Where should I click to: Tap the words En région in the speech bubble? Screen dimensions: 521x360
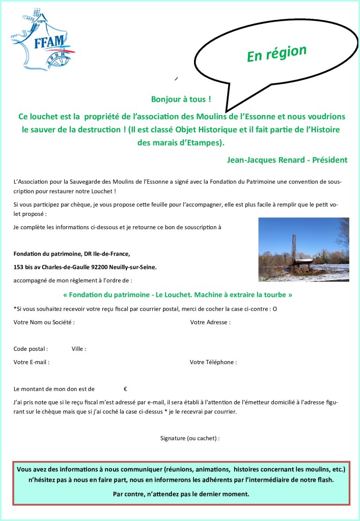276,53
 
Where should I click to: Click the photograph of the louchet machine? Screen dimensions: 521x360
303,250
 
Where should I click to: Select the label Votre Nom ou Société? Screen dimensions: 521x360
44,322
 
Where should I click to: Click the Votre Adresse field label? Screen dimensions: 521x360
210,322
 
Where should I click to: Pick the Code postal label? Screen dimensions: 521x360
31,349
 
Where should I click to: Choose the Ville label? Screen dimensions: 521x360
78,349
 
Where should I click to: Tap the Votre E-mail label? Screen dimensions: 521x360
31,362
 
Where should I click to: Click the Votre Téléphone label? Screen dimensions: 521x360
213,362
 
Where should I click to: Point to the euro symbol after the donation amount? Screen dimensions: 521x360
125,389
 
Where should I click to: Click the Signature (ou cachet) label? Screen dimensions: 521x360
189,438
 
